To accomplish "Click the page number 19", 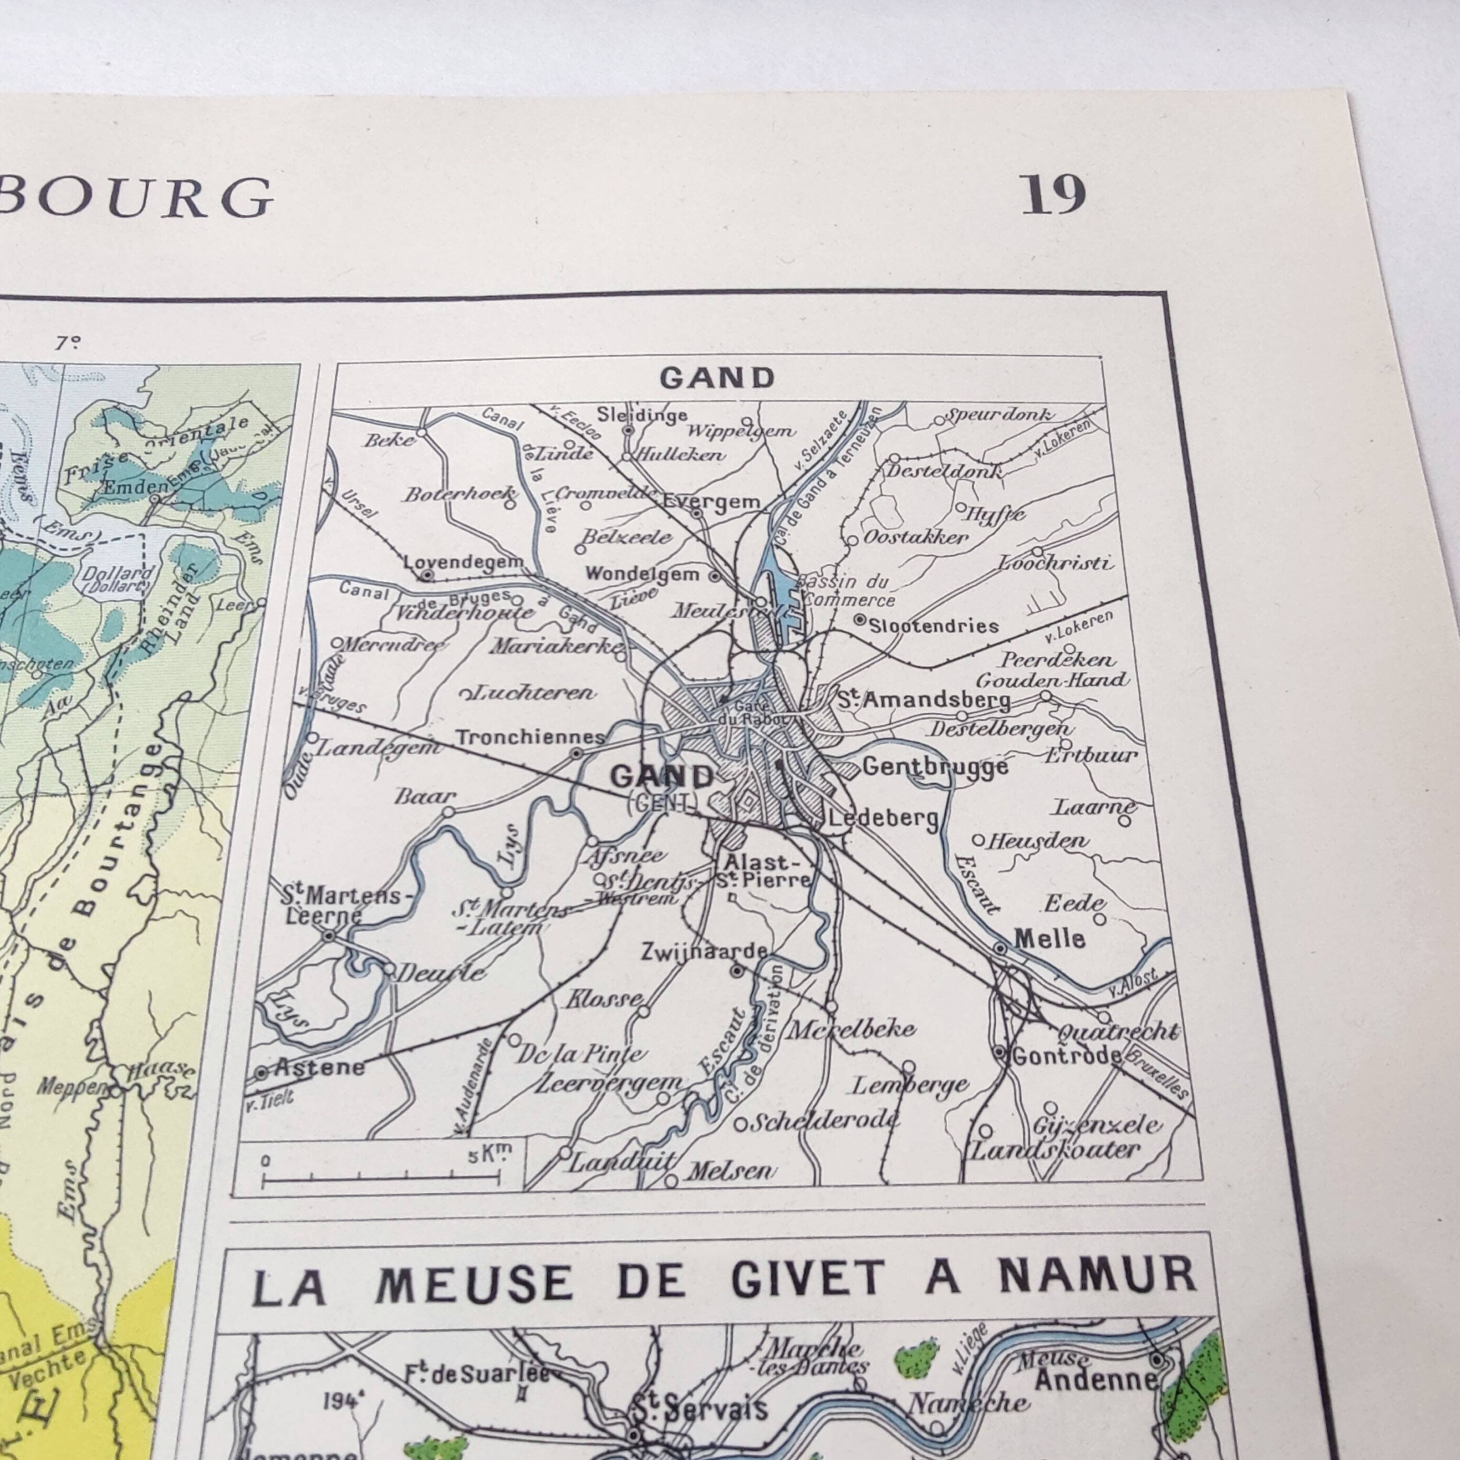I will [x=1053, y=196].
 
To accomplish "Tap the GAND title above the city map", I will [x=717, y=378].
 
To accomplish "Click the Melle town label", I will [x=1050, y=939].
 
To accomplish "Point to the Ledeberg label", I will [x=884, y=817].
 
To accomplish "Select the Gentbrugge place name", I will [x=935, y=767].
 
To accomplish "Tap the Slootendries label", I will [x=933, y=626].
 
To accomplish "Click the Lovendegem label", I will [x=463, y=562].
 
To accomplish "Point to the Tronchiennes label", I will [x=530, y=737].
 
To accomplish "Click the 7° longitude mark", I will [x=67, y=343].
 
